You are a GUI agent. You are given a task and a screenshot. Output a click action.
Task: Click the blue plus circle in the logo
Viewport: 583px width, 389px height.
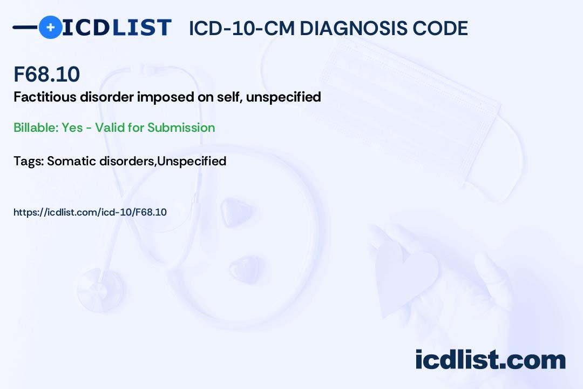click(x=50, y=27)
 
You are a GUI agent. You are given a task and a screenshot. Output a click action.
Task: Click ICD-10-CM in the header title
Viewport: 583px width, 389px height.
click(x=241, y=28)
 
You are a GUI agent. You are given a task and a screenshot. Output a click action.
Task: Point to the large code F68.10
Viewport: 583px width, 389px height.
click(x=46, y=74)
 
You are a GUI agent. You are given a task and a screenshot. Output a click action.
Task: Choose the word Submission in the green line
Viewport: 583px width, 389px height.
click(x=181, y=128)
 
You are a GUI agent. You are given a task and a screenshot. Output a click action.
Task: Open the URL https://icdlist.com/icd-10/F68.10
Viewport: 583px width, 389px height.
click(x=90, y=212)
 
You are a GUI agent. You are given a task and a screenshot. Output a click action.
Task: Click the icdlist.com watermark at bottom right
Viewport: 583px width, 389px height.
click(x=490, y=360)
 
